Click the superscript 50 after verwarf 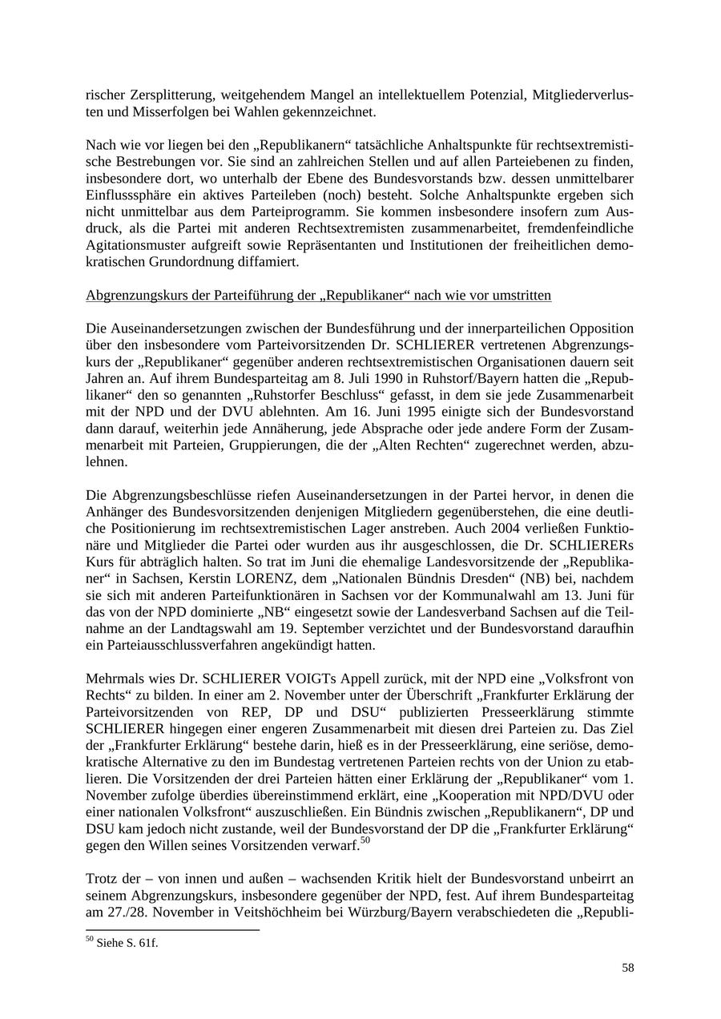[x=365, y=840]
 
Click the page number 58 [x=627, y=968]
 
